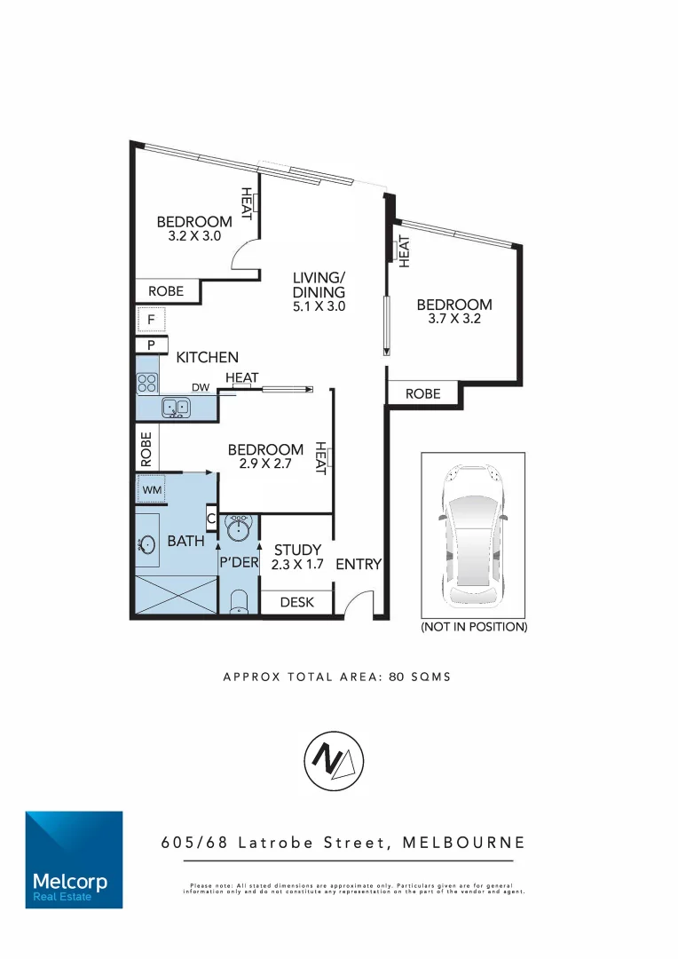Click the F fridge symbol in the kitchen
pos(151,319)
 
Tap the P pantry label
pos(151,345)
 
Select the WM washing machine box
pos(150,488)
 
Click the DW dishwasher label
pos(200,387)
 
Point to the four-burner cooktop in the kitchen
pos(147,383)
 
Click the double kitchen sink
pos(175,408)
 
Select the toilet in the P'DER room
pos(239,604)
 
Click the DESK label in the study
pos(296,602)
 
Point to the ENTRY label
pos(359,564)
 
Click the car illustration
pos(474,535)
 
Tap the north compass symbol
pos(335,761)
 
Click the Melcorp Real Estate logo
pos(74,859)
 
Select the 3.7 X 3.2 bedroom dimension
pos(453,320)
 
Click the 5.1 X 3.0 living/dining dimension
pos(319,305)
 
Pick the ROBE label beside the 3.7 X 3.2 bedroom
pos(422,393)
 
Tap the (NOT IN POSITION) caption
pos(474,627)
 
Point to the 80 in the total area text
pos(394,677)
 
